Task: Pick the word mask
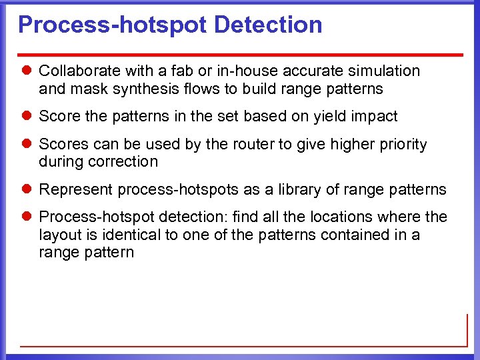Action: (x=83, y=88)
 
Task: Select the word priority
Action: (x=399, y=145)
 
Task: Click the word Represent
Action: (x=74, y=190)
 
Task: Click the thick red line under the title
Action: (x=241, y=54)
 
